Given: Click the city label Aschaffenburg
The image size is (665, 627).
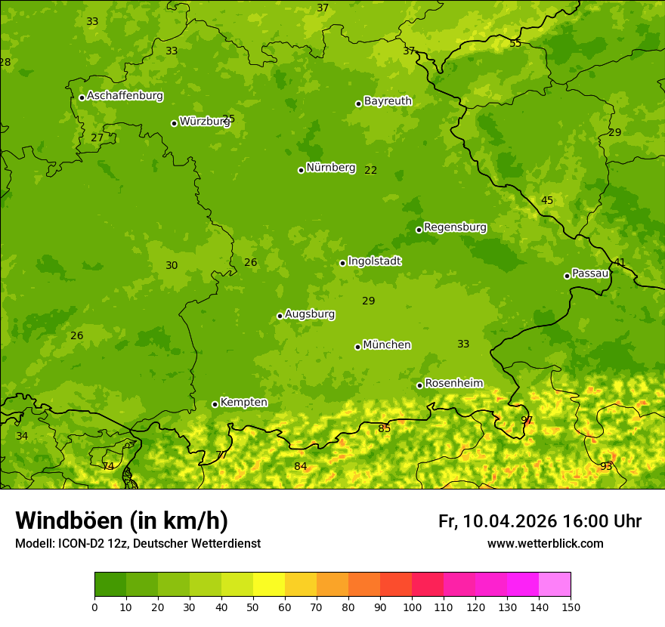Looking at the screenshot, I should [x=125, y=96].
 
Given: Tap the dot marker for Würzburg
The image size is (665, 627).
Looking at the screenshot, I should [x=174, y=123].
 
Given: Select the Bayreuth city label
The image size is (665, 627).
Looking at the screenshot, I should [x=388, y=101].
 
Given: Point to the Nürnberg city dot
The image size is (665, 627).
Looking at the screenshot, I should [x=301, y=170].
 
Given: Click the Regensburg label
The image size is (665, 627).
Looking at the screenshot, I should [x=455, y=227].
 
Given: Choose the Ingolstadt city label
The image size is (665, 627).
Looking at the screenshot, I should [x=374, y=261].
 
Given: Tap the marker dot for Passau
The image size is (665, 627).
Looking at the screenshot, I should [x=567, y=276].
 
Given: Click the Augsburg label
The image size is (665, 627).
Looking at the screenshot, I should [x=310, y=314].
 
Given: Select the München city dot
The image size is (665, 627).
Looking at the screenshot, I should [x=357, y=347].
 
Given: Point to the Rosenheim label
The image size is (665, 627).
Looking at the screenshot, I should [x=453, y=384].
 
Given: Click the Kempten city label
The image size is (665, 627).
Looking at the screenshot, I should [x=243, y=403].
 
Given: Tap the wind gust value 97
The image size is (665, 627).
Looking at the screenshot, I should [x=527, y=420].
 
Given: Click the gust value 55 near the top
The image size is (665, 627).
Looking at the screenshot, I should [x=515, y=43].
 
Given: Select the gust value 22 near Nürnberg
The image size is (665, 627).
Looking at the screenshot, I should [x=370, y=170].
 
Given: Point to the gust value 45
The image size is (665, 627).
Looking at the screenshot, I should [x=547, y=200].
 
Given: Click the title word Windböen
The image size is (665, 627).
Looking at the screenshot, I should [x=70, y=521].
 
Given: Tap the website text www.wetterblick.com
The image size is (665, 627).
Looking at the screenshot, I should [x=545, y=544].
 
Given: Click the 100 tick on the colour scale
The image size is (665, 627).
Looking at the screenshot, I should [x=412, y=607].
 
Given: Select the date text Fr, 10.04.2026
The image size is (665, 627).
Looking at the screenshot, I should [x=497, y=521].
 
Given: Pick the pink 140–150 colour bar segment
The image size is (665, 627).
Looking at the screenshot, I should [x=555, y=585].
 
